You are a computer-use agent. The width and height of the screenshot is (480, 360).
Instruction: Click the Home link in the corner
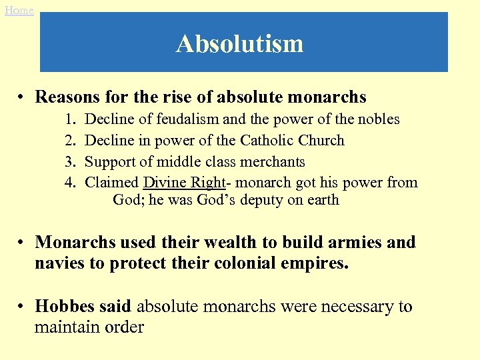coord(19,10)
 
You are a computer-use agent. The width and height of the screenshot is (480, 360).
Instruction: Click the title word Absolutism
coord(240,43)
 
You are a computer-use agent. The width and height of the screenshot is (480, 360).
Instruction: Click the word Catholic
coord(265,141)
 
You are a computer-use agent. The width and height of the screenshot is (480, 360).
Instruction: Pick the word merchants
coord(271,162)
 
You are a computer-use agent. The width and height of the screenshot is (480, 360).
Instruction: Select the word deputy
coord(258,200)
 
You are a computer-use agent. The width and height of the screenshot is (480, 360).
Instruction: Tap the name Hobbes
coord(63,307)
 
